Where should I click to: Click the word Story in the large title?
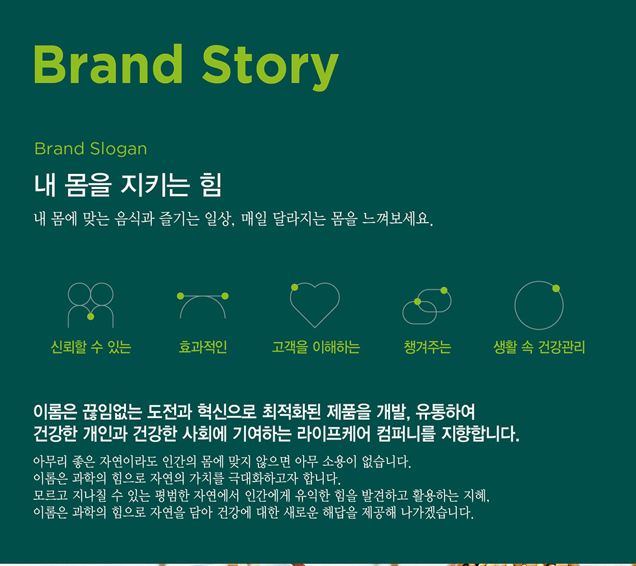[270, 68]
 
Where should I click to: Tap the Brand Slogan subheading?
[90, 149]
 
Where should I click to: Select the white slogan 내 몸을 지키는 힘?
[128, 185]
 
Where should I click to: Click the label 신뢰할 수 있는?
[91, 347]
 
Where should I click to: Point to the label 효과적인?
[202, 347]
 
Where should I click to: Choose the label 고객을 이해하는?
[315, 347]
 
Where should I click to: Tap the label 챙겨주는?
[428, 347]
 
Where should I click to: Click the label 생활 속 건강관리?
[539, 347]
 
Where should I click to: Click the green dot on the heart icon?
[295, 288]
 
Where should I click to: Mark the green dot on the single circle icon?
[556, 288]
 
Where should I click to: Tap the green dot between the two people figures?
[90, 317]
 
